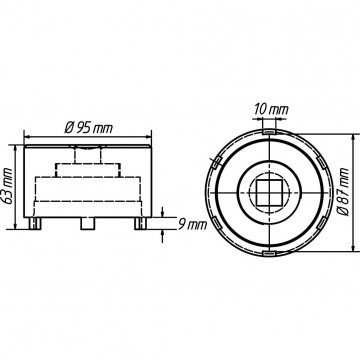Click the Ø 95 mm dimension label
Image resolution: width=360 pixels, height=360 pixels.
coord(88,127)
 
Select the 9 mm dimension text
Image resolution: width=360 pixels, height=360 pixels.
coord(191,225)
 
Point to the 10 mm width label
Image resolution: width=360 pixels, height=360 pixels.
coord(271,109)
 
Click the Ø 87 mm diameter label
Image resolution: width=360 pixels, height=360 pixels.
coord(344,192)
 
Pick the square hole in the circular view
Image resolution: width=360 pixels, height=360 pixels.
coord(268,193)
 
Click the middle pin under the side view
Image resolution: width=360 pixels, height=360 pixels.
coord(88,223)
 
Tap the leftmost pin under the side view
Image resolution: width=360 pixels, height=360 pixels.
coord(35,223)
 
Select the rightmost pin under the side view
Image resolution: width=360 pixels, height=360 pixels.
coord(141,223)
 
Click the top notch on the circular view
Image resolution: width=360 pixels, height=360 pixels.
coord(269,132)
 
